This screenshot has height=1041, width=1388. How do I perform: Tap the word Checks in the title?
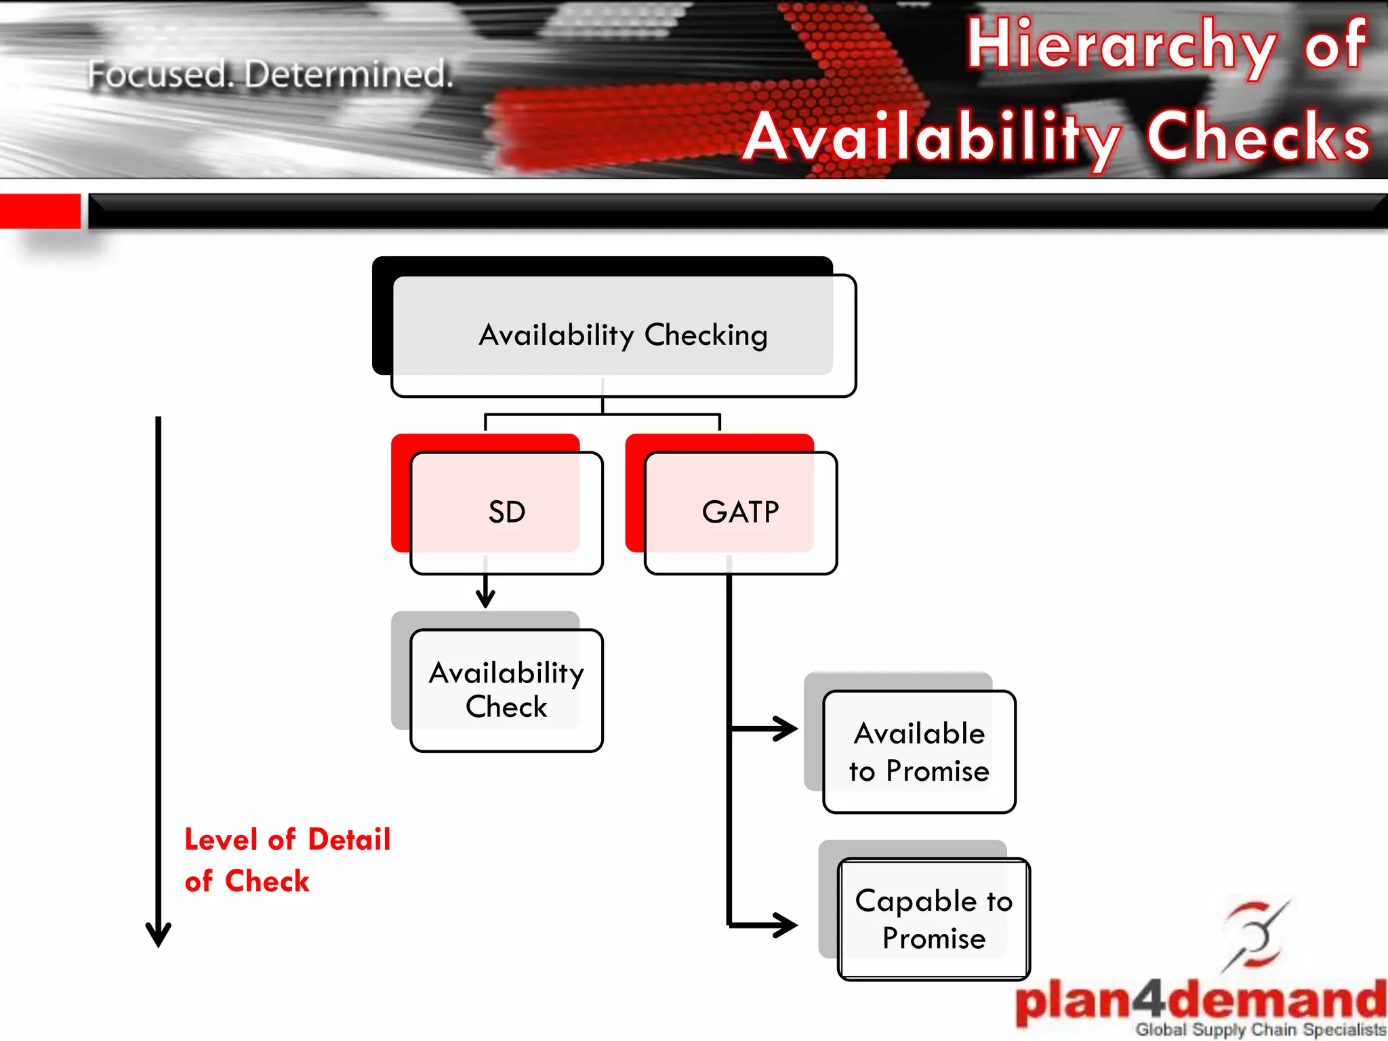tap(1258, 138)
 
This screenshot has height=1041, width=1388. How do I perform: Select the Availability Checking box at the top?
tap(623, 335)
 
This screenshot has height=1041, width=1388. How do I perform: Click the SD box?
tap(506, 512)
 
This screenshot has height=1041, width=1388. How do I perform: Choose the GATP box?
tap(740, 512)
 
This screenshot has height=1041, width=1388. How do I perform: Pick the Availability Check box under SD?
tap(506, 690)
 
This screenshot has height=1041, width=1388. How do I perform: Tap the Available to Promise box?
tap(919, 752)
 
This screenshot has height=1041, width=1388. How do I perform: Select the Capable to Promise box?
tap(933, 919)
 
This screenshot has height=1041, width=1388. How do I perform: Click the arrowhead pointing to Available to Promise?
tap(786, 729)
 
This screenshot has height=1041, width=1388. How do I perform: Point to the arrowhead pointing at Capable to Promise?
tap(786, 925)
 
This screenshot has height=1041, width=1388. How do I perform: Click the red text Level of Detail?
tap(287, 840)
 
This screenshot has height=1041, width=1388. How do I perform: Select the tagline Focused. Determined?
tap(270, 74)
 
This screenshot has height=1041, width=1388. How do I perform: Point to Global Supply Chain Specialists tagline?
tap(1261, 1029)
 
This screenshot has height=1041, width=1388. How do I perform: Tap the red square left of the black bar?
tap(40, 211)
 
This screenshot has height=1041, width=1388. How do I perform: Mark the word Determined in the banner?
tap(348, 74)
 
